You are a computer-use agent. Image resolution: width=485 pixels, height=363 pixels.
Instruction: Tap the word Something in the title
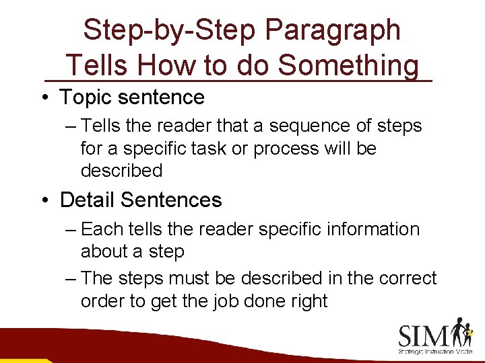click(348, 66)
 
